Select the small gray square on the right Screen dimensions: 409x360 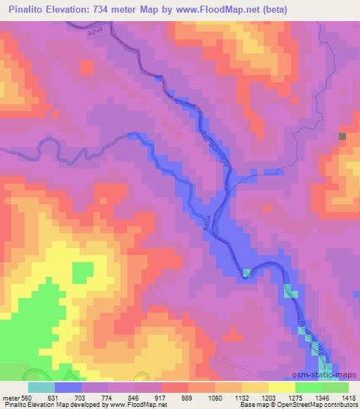[x=342, y=136]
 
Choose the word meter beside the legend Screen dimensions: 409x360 [x=11, y=397]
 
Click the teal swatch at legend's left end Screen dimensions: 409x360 [x=41, y=387]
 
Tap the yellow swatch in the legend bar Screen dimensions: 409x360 [x=281, y=387]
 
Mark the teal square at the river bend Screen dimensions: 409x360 [x=246, y=273]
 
